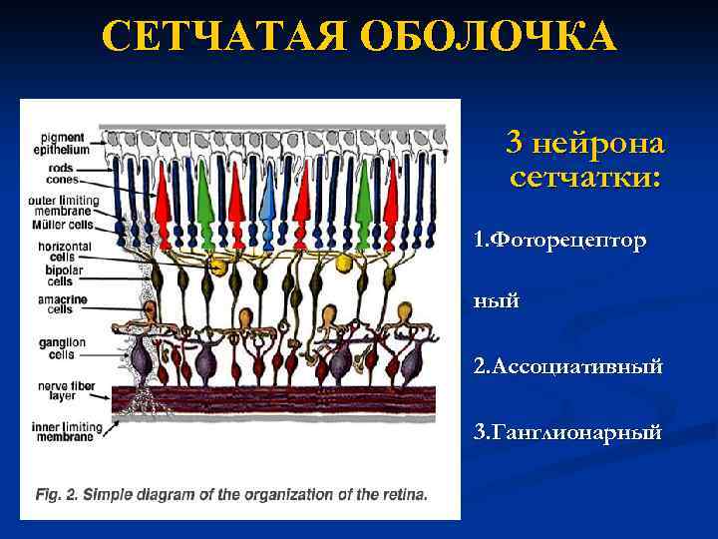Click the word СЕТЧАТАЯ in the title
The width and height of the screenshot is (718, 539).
tap(221, 38)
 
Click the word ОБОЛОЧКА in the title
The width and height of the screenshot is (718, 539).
tap(489, 38)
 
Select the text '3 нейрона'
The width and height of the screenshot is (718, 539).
tap(584, 144)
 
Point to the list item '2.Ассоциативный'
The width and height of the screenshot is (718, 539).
tap(567, 366)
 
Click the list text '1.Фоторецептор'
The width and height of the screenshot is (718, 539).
tap(558, 241)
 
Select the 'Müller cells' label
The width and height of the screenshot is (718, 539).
tap(62, 225)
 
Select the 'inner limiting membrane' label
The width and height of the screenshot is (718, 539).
tap(64, 431)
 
